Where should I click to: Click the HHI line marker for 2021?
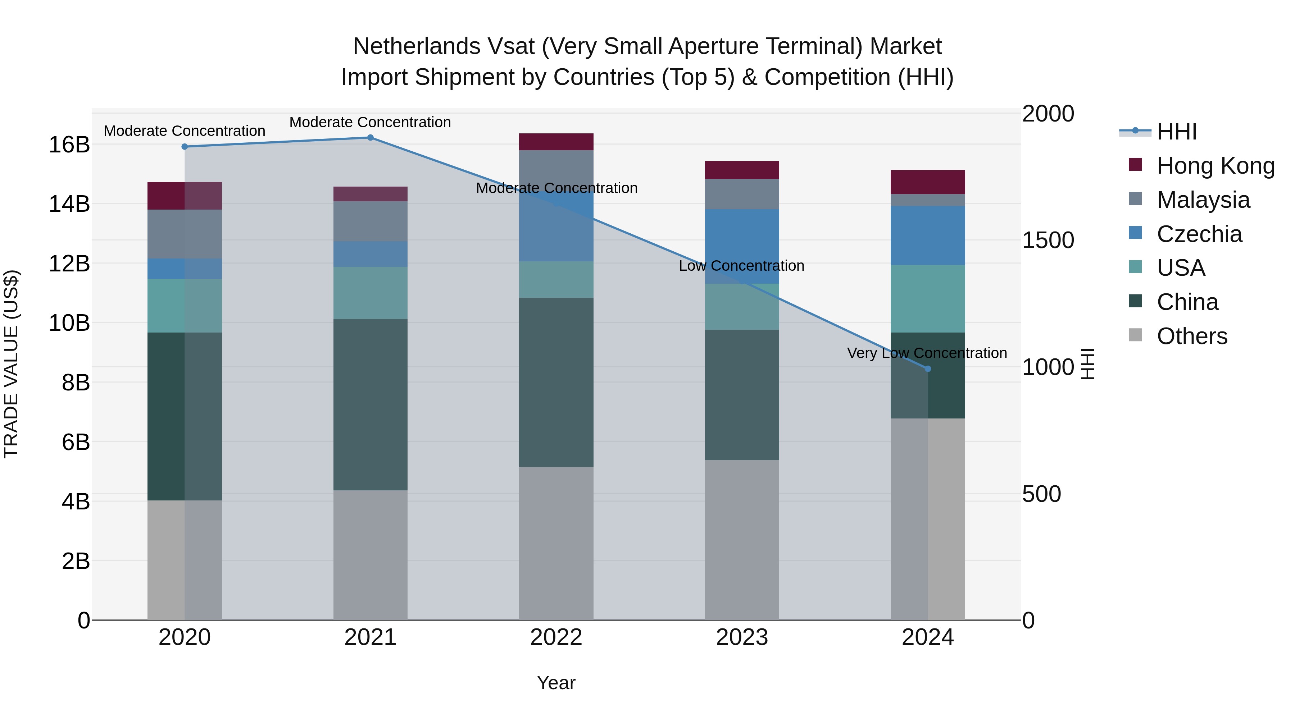[370, 138]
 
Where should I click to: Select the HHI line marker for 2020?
[185, 147]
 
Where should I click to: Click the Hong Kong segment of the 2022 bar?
[556, 142]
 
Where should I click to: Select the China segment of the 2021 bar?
[370, 404]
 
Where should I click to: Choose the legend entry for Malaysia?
[1203, 200]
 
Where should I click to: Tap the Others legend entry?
[1191, 336]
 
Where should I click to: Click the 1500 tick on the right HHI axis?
[1048, 240]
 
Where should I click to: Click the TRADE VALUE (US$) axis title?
[11, 364]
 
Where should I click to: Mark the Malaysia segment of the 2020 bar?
[185, 234]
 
